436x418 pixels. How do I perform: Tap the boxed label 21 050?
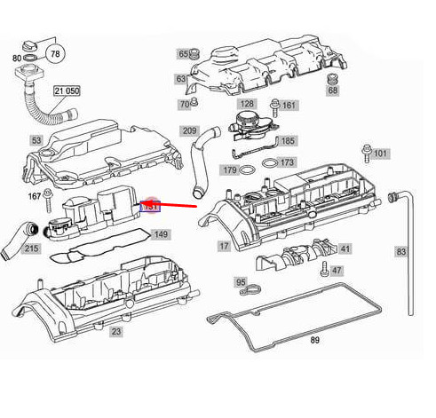coord(67,91)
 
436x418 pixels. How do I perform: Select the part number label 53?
coord(36,140)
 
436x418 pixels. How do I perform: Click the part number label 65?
coord(184,54)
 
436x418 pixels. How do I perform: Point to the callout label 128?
coord(247,104)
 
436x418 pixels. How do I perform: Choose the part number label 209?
coord(189,131)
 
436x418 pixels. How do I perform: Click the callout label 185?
coord(288,140)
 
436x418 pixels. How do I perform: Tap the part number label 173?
coord(286,162)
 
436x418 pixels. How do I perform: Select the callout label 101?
coord(380,154)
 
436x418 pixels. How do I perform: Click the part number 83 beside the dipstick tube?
coord(400,252)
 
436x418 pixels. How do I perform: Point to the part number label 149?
coord(160,234)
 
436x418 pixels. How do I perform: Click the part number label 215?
coord(31,249)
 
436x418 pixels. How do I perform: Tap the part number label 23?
coord(115,331)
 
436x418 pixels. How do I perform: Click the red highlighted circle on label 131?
coord(151,205)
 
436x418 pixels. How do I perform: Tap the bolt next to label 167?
coord(52,193)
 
